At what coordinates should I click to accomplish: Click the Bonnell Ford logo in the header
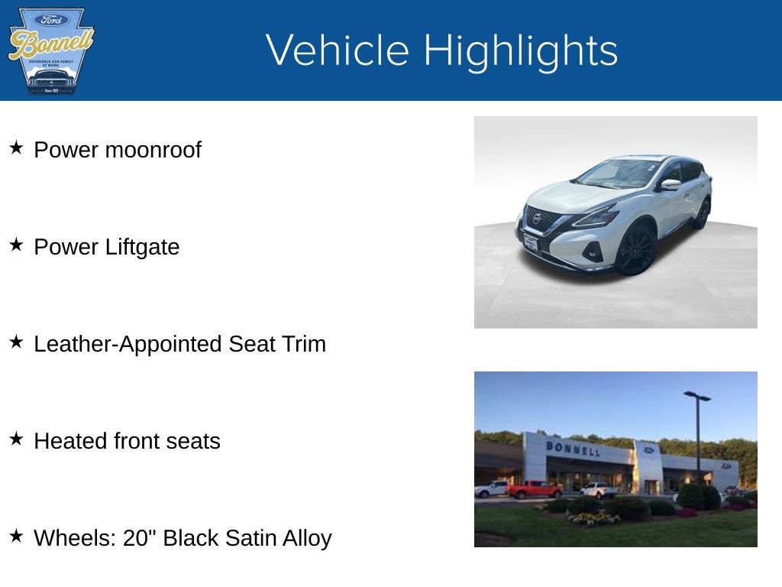(x=50, y=51)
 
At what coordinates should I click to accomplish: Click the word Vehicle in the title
(x=338, y=50)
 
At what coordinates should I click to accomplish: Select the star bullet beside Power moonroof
(x=17, y=148)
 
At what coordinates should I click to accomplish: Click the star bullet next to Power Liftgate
(x=17, y=245)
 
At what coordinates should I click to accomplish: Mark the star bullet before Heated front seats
(x=17, y=439)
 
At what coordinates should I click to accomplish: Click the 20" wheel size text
(x=140, y=537)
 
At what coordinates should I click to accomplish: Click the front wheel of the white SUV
(x=636, y=251)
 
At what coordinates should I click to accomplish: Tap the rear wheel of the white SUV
(x=702, y=214)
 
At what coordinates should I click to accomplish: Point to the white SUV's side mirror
(x=670, y=184)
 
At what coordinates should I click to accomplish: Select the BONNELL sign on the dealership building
(x=573, y=448)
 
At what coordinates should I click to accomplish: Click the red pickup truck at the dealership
(x=534, y=489)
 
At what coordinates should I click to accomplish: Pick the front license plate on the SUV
(x=530, y=242)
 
